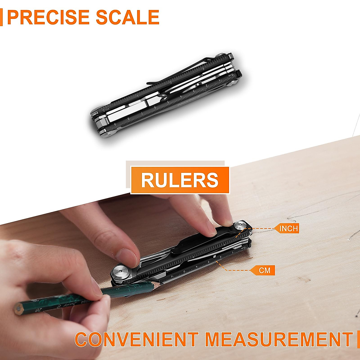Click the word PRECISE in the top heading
coord(48,17)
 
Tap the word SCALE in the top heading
coord(128,17)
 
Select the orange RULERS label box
coord(180,180)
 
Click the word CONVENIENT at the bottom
coord(136,339)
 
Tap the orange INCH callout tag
coord(288,229)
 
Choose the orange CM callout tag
coord(264,270)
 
